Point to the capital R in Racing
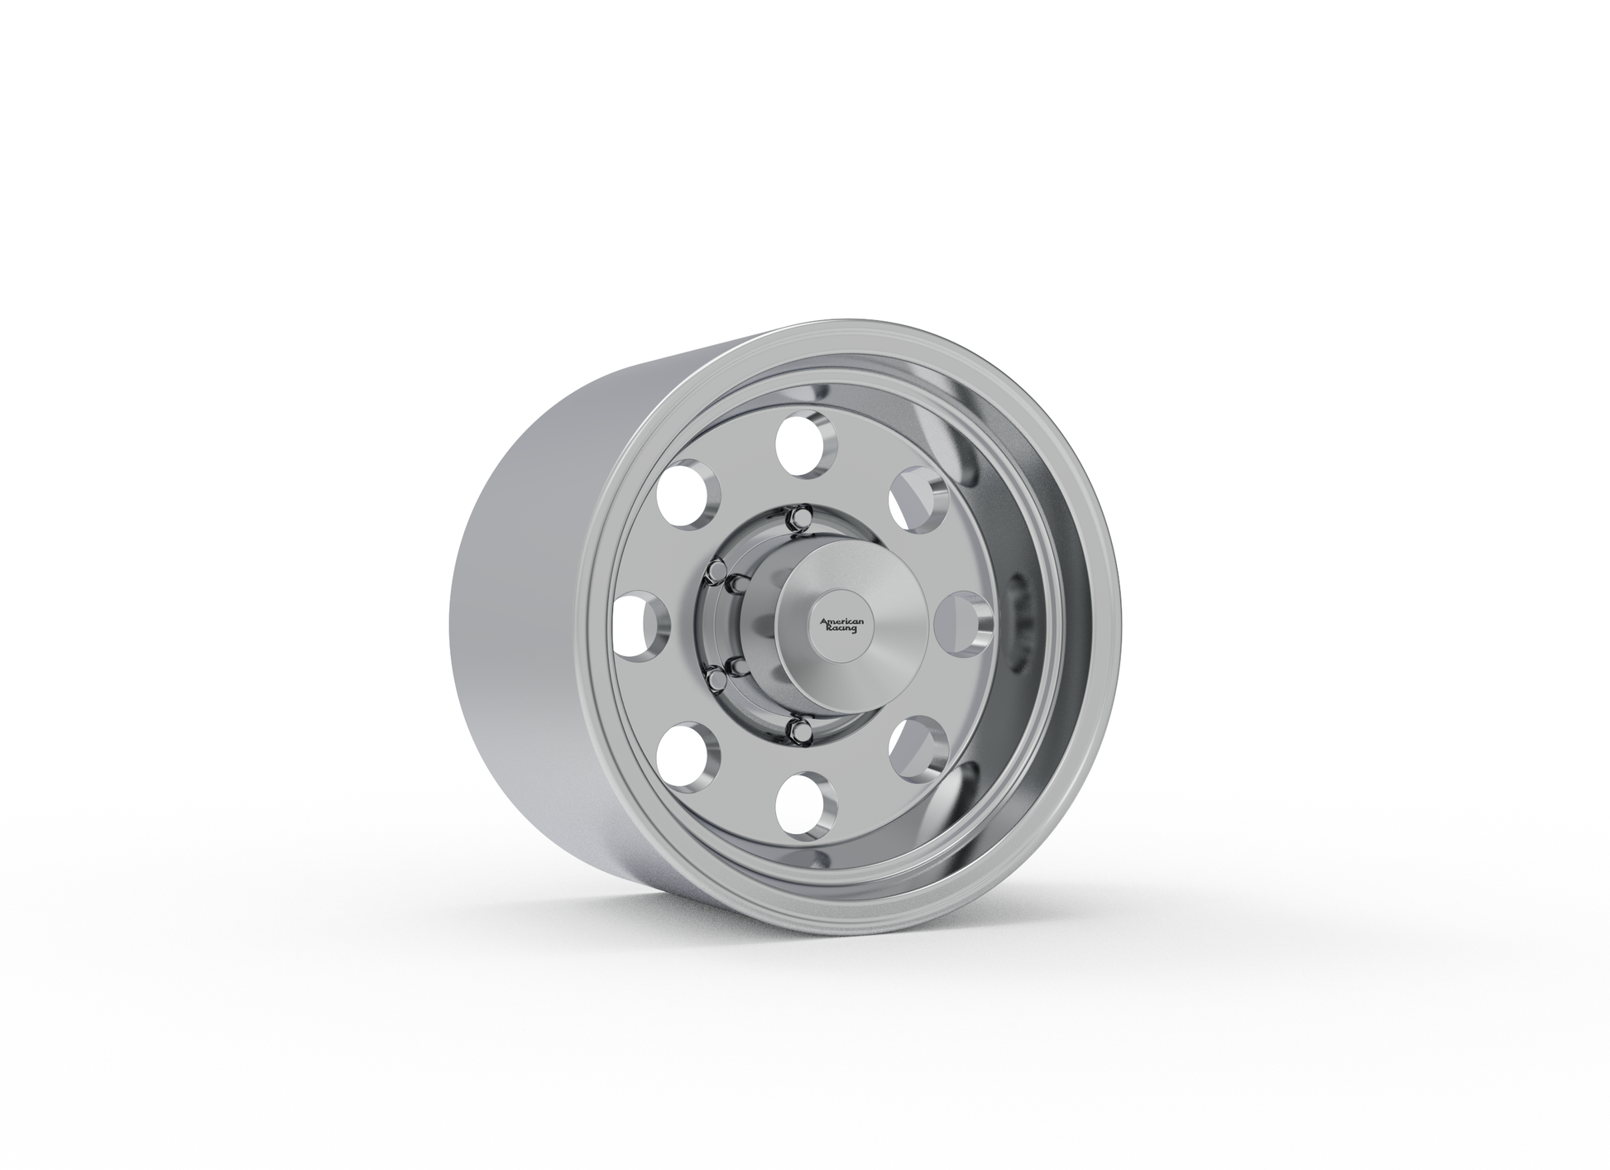[828, 630]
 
